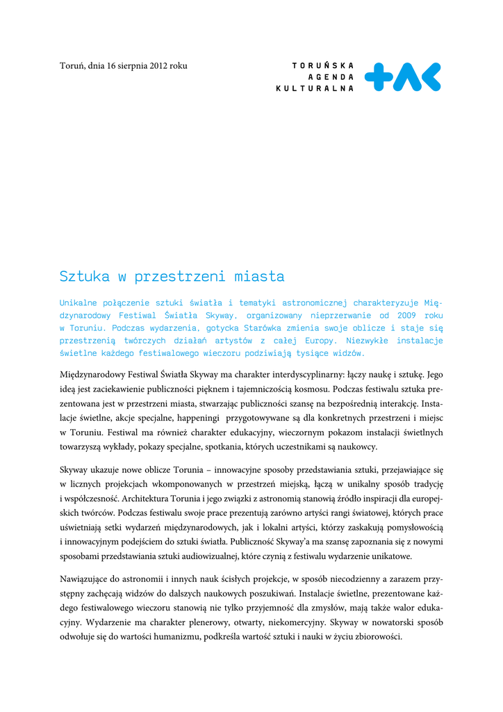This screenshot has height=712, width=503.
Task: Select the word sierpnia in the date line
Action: (131, 66)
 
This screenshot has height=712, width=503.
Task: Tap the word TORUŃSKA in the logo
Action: (323, 65)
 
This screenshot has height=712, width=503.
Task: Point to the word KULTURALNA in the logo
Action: (315, 88)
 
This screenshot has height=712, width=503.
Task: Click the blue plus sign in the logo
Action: (379, 77)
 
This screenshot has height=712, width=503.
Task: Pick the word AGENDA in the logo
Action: (332, 76)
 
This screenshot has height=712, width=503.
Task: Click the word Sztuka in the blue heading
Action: (84, 277)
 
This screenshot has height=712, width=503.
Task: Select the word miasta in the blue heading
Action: (258, 277)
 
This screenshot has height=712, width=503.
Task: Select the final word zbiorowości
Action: (376, 636)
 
